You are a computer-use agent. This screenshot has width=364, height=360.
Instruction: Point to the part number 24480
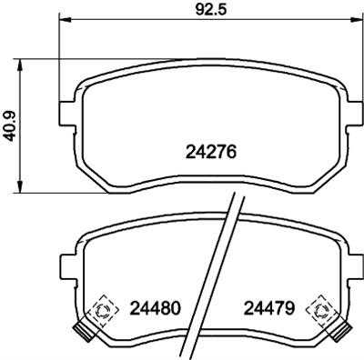coord(151,307)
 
